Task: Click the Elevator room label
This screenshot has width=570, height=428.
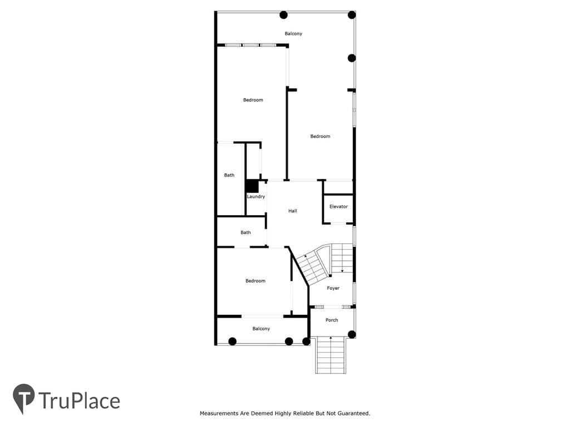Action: coord(338,206)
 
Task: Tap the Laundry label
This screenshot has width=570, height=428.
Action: coord(256,197)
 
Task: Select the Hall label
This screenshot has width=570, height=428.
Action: coord(293,211)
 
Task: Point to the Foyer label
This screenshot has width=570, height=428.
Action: coord(333,288)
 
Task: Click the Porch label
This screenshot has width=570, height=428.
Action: coord(332,320)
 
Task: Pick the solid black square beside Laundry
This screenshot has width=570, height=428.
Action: coord(252,186)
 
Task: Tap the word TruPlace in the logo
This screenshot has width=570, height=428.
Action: coord(79,401)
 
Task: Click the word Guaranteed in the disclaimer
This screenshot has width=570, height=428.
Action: coord(353,414)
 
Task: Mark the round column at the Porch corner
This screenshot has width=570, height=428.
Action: coord(352,334)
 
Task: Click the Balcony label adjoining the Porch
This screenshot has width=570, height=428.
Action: coord(261,329)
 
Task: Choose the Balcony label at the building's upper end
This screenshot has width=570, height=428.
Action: coord(293,33)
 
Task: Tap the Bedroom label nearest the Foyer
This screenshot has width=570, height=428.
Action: coord(255,281)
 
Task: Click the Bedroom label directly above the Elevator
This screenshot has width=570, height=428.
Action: coord(320,137)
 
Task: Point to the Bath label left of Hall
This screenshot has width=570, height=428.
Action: coord(245,232)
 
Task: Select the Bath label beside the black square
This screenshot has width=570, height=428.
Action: coord(229,175)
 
